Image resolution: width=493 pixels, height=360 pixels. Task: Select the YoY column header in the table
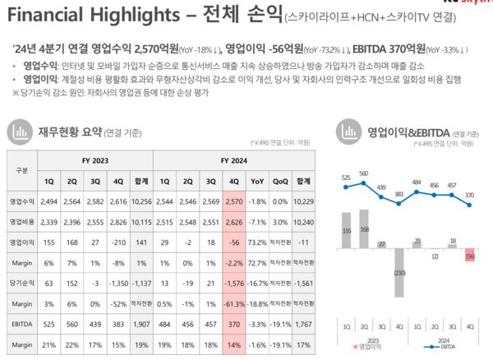pos(257,181)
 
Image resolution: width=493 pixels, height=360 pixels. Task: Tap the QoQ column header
pos(280,181)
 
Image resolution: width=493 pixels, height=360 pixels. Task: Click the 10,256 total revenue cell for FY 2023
pos(141,201)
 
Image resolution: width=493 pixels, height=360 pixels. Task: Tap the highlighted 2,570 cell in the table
pos(234,201)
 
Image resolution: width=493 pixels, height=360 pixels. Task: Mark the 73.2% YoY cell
pos(257,241)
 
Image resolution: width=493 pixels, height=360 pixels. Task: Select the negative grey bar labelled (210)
pos(399,272)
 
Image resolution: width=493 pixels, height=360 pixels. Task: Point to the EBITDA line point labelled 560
pos(363,180)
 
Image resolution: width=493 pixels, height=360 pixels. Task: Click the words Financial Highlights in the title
pos(78,15)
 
